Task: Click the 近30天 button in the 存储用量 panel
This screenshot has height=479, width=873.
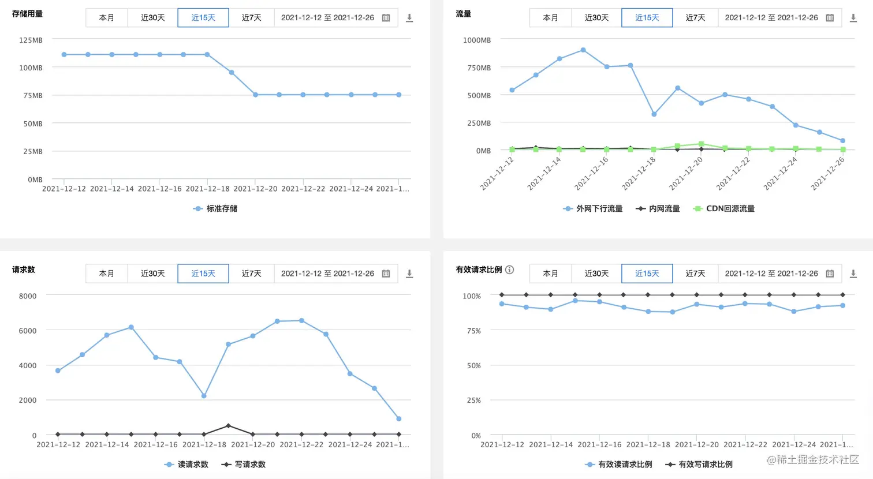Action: point(152,18)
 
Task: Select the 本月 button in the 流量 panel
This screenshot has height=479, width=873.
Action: point(550,18)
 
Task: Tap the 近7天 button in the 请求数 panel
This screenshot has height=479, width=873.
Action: point(251,274)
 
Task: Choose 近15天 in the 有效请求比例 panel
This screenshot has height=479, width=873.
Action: point(647,274)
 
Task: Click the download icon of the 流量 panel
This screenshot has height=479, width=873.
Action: point(853,18)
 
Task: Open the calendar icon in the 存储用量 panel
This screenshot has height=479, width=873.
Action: point(386,18)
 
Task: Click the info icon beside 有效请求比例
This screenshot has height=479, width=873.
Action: point(509,270)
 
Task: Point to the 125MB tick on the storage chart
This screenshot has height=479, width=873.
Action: point(31,40)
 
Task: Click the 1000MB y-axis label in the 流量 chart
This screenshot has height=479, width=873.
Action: point(477,40)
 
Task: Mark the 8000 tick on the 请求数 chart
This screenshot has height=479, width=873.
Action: point(28,296)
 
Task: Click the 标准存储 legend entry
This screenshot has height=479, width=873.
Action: point(215,208)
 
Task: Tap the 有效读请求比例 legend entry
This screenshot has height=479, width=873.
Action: point(618,465)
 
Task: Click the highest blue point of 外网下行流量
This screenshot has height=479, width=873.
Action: point(583,50)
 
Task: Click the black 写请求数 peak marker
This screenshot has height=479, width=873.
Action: point(228,426)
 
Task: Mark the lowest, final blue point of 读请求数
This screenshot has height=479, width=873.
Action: point(399,419)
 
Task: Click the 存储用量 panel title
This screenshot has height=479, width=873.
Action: point(27,13)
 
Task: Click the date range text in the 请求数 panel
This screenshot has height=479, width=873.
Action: point(327,274)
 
